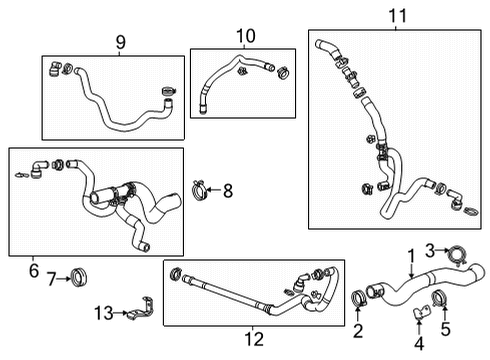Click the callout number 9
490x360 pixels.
[x=121, y=43]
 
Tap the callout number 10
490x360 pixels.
[x=245, y=36]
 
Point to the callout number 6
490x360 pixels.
[x=33, y=270]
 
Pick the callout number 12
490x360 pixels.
[x=254, y=338]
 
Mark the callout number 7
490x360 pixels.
[x=52, y=277]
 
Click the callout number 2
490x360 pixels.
[x=359, y=329]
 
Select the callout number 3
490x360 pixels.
[x=430, y=249]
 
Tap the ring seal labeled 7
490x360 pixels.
[x=80, y=277]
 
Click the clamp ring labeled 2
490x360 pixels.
[x=359, y=297]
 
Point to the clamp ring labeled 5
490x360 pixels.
[x=442, y=297]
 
